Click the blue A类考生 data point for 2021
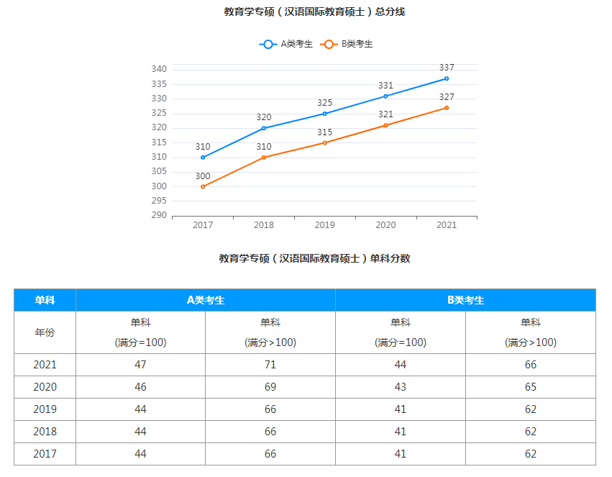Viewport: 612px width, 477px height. tap(447, 78)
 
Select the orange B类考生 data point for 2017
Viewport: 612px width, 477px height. tap(203, 186)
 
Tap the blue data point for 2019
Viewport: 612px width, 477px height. tap(324, 114)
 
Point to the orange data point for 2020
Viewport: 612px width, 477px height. tap(385, 125)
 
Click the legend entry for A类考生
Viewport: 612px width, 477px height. tap(286, 44)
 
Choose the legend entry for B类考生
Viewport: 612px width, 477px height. tap(348, 44)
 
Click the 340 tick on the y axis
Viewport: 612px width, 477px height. tap(159, 69)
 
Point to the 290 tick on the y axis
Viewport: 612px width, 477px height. tap(159, 215)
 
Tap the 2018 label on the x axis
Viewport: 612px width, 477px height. tap(264, 225)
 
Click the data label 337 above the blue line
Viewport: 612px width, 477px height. tap(447, 68)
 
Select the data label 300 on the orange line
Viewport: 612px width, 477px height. tap(203, 176)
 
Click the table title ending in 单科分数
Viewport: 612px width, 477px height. tap(314, 258)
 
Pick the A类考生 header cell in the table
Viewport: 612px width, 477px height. tap(206, 300)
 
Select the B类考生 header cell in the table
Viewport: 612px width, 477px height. tap(465, 300)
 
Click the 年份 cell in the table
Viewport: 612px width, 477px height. tap(45, 332)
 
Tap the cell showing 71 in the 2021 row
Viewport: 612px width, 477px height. tap(270, 365)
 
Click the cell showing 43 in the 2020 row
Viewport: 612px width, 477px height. tap(401, 387)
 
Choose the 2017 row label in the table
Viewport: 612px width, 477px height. tap(45, 454)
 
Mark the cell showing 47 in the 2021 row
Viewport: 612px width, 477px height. tap(140, 365)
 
